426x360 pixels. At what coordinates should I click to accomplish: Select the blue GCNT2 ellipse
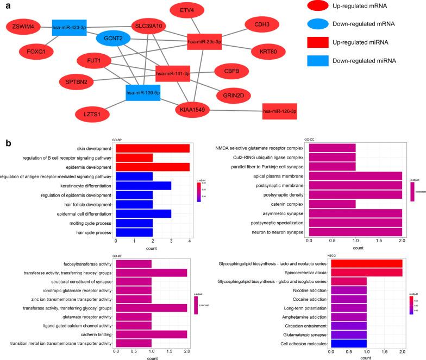coord(114,39)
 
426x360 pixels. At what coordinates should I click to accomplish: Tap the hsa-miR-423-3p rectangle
coord(70,27)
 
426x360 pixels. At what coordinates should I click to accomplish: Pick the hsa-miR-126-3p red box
coord(279,112)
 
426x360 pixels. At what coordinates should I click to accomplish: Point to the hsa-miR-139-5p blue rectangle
coord(143,93)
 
